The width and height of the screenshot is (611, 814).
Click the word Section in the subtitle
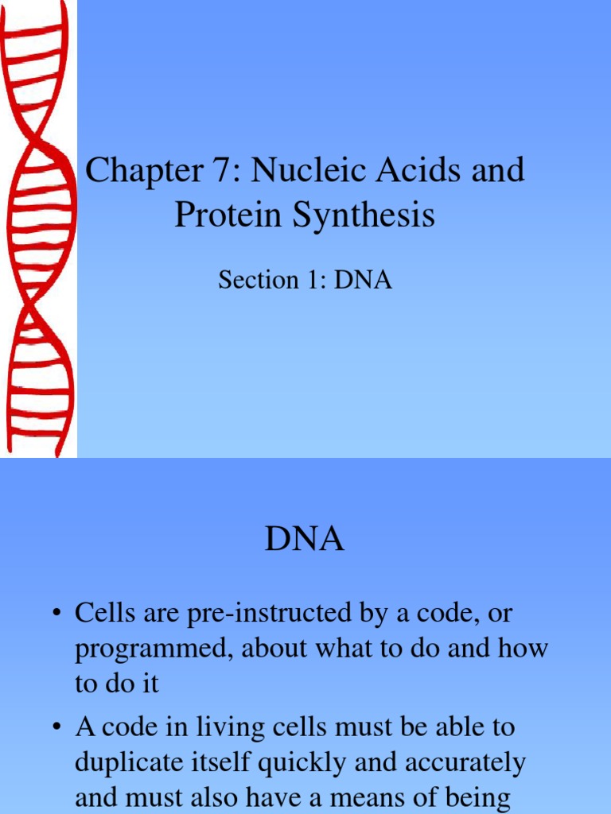pos(253,280)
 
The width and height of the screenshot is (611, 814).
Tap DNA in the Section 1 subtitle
pos(363,280)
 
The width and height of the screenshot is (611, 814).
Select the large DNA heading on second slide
pos(305,541)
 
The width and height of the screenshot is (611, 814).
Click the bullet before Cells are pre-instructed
pos(58,614)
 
